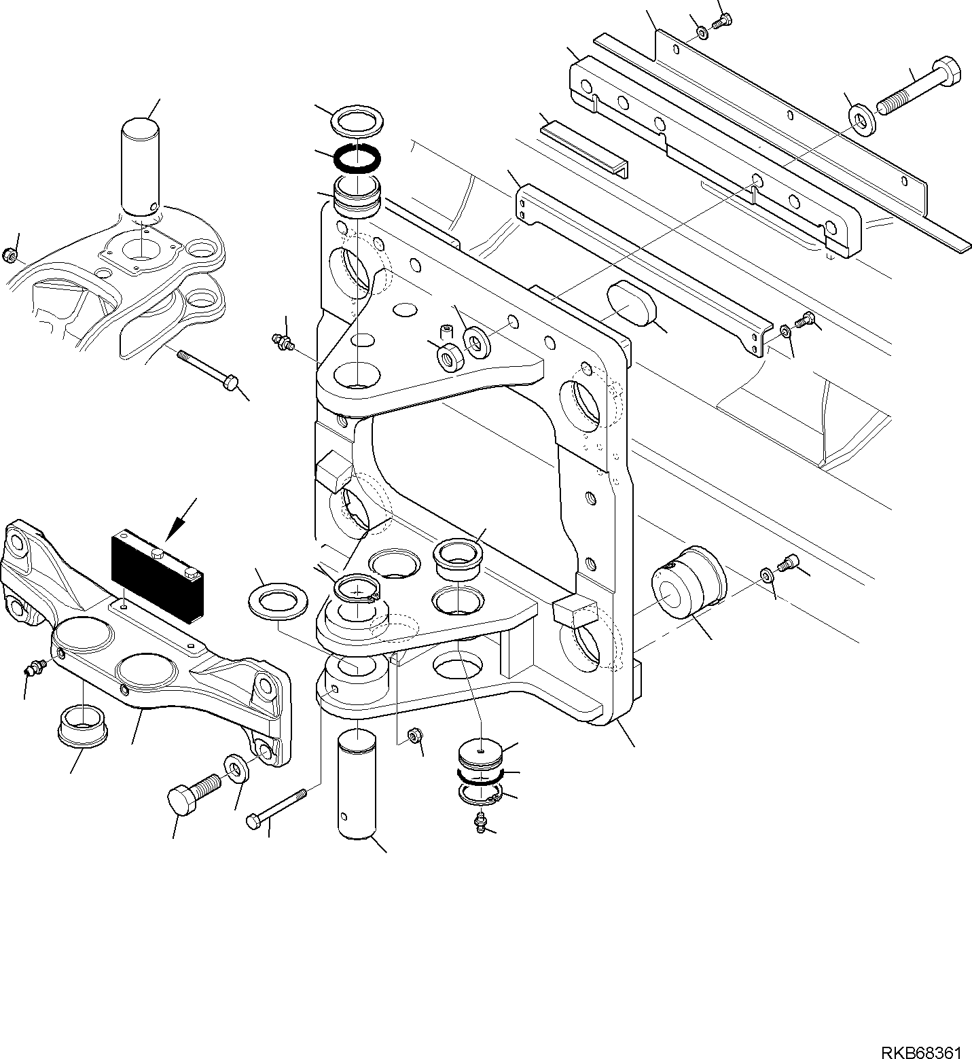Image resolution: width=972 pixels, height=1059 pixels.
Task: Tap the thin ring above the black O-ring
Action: click(355, 123)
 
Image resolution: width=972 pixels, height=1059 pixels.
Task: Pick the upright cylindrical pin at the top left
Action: click(141, 168)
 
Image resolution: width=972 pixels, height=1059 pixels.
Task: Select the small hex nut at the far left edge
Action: click(10, 255)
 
